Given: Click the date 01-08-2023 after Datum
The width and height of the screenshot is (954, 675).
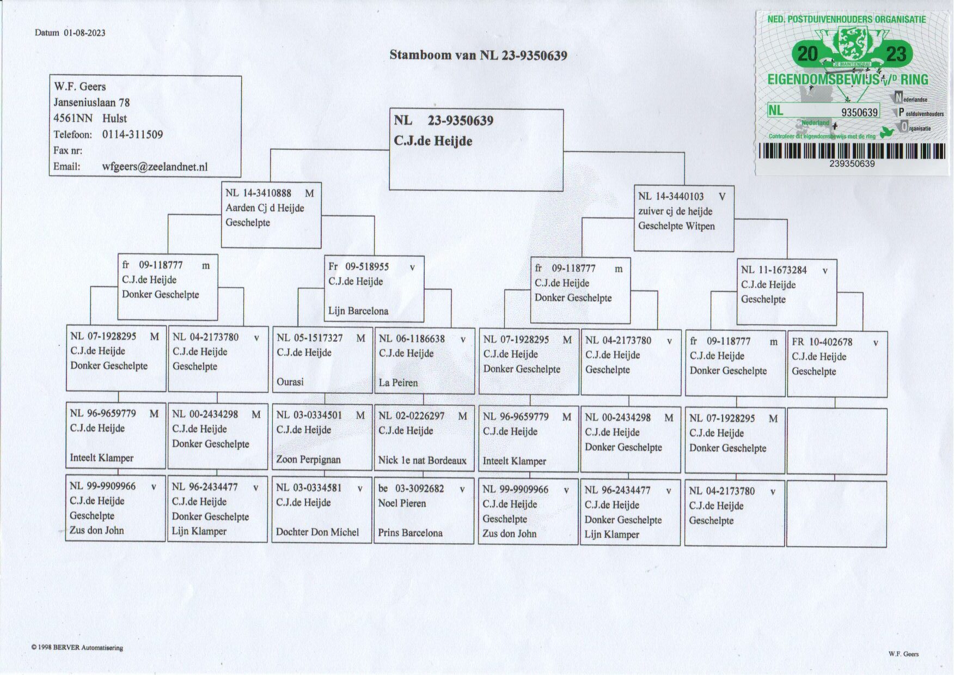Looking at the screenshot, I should click(84, 33).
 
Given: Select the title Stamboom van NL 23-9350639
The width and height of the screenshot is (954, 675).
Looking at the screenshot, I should click(478, 55).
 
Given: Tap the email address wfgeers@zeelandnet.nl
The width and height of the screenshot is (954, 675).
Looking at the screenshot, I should click(155, 167).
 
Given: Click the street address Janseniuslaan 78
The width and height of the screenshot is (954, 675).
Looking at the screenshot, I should click(91, 102).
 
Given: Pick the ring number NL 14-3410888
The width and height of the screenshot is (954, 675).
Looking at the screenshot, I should click(259, 193).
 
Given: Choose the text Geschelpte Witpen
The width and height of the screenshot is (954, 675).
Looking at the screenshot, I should click(676, 226).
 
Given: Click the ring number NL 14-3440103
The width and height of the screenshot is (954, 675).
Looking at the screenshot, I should click(671, 197).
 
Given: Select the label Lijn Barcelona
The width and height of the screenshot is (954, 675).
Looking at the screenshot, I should click(358, 311).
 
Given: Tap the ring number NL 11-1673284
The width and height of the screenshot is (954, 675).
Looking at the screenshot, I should click(774, 270).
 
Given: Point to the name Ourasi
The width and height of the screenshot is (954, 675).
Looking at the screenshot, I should click(290, 382).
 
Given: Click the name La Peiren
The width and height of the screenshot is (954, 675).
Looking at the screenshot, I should click(398, 382).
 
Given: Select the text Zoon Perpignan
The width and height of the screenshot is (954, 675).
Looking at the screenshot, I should click(308, 459).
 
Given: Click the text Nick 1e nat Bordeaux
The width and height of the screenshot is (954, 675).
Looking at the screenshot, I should click(422, 460).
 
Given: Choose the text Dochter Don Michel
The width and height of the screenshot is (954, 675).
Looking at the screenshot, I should click(317, 532).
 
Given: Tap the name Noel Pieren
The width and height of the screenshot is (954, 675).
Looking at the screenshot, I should click(402, 503).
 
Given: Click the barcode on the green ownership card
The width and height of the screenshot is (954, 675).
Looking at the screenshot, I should click(852, 151).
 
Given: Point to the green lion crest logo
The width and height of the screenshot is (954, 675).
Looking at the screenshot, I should click(852, 44).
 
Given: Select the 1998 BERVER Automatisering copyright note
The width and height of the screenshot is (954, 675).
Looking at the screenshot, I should click(77, 648).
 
